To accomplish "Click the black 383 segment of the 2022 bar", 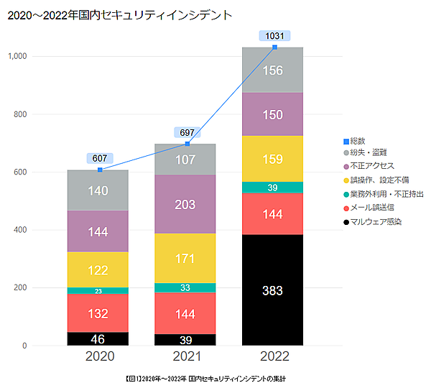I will coord(272,291).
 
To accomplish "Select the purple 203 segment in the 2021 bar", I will coord(185,205).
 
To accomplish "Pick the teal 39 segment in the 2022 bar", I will coord(272,188).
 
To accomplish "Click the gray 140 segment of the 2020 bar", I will coord(98,190).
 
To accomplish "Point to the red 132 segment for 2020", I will coord(98,313).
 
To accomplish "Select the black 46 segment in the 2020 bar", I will coord(98,338).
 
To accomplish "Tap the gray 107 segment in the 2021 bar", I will coord(185,160).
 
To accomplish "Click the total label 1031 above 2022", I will coord(274,35).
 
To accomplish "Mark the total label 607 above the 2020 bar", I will coord(99,158).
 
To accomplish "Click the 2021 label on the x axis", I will coord(185,357).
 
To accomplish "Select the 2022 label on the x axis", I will coord(272,357).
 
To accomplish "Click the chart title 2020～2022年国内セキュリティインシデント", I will coord(119,14).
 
